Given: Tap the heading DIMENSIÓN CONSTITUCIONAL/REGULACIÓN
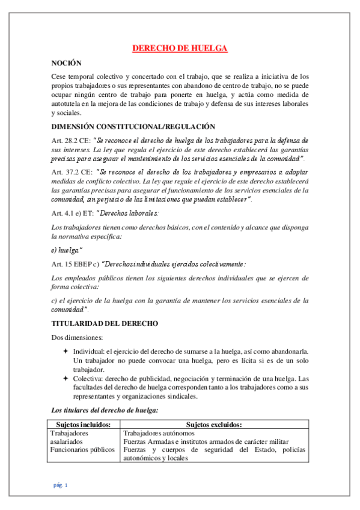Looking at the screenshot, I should tap(133, 126).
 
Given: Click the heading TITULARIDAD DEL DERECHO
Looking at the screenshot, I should tap(105, 324).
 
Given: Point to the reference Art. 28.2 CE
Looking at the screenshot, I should tap(73, 140).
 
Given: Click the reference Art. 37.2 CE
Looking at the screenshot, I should tap(73, 172).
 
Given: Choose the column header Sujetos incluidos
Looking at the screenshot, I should tap(84, 424).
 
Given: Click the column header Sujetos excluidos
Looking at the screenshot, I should tap(214, 424).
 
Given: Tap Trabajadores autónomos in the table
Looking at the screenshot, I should tap(159, 432).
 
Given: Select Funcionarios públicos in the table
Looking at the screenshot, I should tap(82, 449).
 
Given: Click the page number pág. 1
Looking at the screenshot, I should tap(60, 485).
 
